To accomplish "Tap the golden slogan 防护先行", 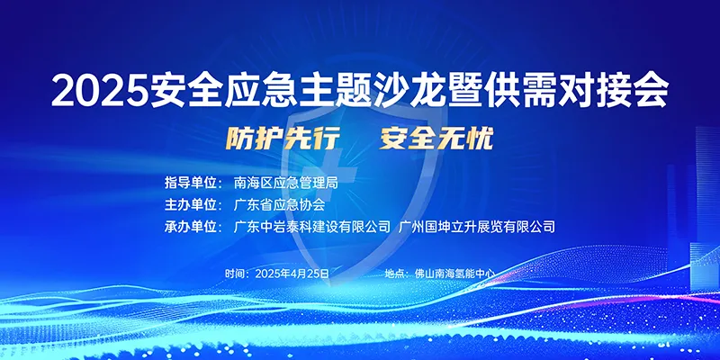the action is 283,139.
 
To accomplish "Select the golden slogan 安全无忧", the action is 436,139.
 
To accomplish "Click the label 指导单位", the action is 190,183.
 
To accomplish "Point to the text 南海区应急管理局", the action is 286,183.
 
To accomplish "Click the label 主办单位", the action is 190,205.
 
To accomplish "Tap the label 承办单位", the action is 190,227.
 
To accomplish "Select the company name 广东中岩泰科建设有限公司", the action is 312,227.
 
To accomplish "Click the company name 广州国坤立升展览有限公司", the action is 477,227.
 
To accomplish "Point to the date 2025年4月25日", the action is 292,274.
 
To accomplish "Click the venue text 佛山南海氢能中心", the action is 454,274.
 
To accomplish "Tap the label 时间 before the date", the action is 236,274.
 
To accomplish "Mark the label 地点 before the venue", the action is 395,274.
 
